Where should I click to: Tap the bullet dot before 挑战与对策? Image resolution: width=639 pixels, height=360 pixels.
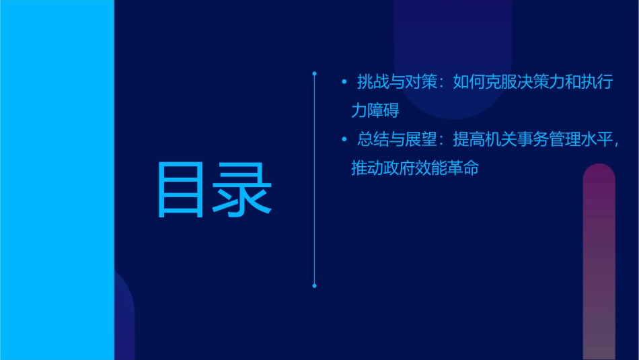coord(344,83)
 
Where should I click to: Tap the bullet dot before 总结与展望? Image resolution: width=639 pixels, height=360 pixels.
coord(344,140)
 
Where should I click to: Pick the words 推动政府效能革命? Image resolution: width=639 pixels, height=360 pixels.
coord(415,168)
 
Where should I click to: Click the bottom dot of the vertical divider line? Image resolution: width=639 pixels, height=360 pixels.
coord(314,286)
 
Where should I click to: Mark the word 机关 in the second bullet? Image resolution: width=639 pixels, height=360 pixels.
coord(500,140)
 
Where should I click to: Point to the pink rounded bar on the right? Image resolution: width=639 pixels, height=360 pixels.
coord(599,262)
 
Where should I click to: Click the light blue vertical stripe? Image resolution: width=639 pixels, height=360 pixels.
coord(57,180)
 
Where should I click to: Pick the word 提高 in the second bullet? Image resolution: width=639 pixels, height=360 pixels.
coord(468,140)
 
